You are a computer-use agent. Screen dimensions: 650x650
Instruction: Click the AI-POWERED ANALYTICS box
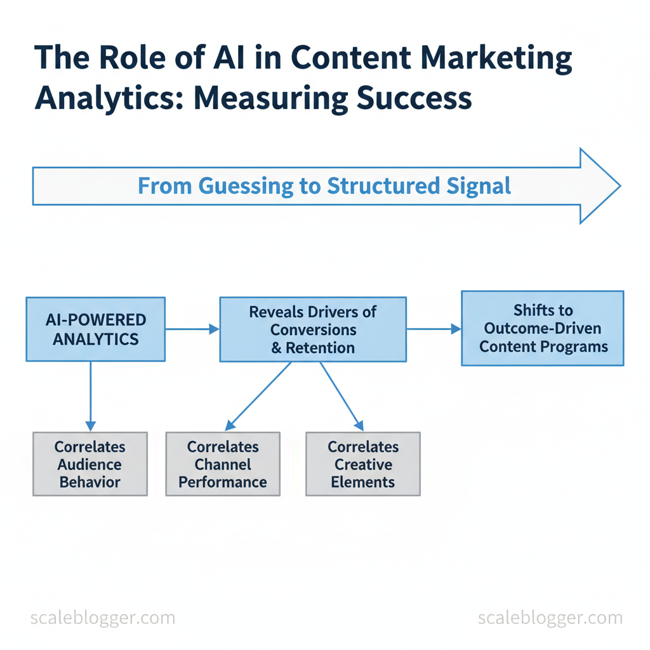tap(96, 329)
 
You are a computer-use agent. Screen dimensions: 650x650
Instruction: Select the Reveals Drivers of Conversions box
tap(312, 329)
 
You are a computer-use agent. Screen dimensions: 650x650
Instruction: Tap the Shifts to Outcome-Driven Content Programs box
tap(543, 328)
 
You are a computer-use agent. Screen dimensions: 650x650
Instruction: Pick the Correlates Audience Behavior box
tap(90, 464)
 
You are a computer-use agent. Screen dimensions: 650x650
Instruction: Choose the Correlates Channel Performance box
tap(223, 464)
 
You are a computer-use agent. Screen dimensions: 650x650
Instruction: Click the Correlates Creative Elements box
tap(363, 464)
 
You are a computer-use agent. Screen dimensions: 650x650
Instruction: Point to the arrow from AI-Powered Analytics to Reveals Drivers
tap(192, 329)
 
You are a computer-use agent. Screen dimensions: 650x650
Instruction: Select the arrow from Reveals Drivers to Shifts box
tap(434, 329)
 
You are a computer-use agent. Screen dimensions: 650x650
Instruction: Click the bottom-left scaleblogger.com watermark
tap(102, 618)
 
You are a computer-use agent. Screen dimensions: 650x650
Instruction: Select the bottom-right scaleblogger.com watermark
tap(550, 618)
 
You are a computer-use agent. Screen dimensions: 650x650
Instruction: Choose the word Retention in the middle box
tap(320, 347)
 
